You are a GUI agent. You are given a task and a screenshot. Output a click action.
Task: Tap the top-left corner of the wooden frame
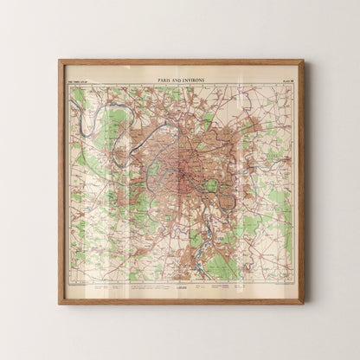pyautogui.click(x=60, y=61)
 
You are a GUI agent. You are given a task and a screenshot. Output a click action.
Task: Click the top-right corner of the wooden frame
pyautogui.click(x=302, y=61)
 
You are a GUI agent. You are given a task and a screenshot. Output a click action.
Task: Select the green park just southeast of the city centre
pyautogui.click(x=209, y=185)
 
